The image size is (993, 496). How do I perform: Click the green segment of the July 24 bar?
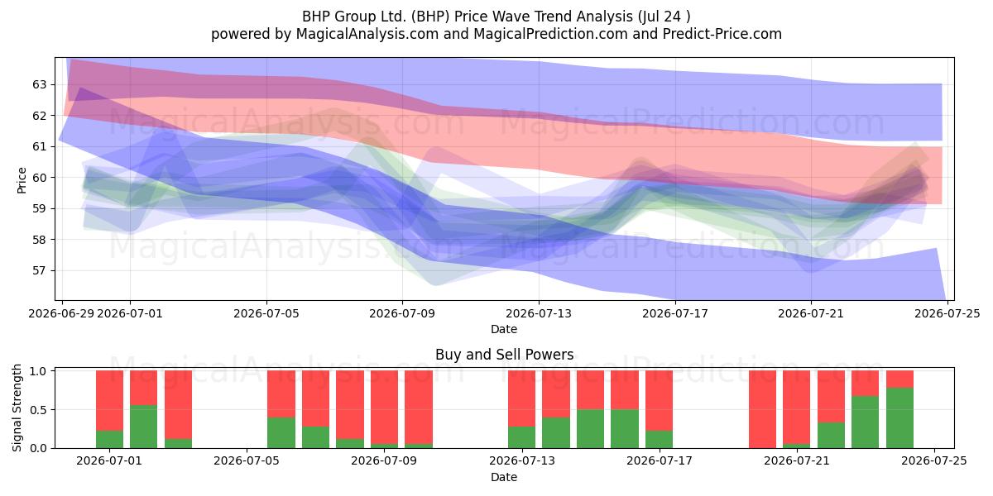click(x=900, y=417)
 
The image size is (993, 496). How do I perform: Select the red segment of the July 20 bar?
click(x=762, y=409)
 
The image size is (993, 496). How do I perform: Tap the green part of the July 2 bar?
click(x=144, y=427)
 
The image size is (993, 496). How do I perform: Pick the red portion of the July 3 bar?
click(x=178, y=405)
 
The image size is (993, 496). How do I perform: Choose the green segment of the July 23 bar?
click(x=866, y=422)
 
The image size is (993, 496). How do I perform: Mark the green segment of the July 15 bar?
click(x=591, y=429)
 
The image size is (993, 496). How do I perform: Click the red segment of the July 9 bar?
click(x=384, y=407)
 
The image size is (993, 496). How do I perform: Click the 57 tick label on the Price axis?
click(x=39, y=270)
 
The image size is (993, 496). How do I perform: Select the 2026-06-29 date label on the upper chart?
click(x=61, y=313)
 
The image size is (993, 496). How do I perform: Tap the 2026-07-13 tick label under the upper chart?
click(x=539, y=313)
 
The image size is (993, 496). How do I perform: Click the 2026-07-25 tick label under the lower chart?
click(x=934, y=461)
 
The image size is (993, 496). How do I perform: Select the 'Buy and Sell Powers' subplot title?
click(x=505, y=355)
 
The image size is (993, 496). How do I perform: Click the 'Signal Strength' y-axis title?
click(x=17, y=408)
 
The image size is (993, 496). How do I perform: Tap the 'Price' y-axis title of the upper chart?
click(x=22, y=180)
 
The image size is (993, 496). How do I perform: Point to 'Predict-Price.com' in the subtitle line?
click(x=722, y=34)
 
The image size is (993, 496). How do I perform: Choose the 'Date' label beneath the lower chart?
click(x=504, y=477)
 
